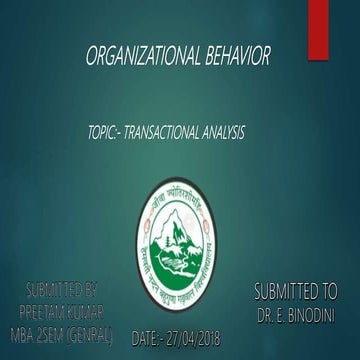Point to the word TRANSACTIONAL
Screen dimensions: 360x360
pyautogui.click(x=164, y=131)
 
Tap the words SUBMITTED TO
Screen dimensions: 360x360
pyautogui.click(x=295, y=293)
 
